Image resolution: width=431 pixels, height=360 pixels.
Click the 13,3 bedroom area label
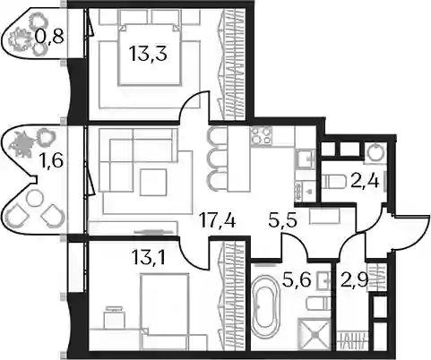click(x=148, y=54)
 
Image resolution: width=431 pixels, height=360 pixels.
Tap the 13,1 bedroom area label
click(x=148, y=257)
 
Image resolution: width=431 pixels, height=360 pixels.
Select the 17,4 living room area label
click(x=218, y=221)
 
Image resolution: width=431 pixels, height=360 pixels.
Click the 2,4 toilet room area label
click(x=365, y=182)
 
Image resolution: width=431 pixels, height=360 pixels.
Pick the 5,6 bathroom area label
click(x=297, y=280)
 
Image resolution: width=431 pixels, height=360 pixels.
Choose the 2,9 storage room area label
click(x=354, y=280)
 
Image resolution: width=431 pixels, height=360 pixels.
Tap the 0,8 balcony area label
click(x=49, y=37)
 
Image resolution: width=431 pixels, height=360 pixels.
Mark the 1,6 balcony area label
click(x=51, y=161)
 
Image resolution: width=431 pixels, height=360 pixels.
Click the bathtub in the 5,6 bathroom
click(x=265, y=307)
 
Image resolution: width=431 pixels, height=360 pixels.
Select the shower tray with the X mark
click(x=314, y=334)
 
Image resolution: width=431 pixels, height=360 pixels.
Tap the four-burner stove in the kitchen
click(x=262, y=135)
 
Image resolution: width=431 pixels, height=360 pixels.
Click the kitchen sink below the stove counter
click(x=305, y=159)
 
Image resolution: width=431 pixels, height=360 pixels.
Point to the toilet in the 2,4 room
click(x=334, y=182)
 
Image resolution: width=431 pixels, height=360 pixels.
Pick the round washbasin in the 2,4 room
click(x=375, y=153)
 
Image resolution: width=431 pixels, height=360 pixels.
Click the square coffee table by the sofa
click(x=153, y=182)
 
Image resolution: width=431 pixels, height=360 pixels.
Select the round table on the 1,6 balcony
click(x=35, y=198)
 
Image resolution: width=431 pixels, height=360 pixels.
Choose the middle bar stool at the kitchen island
click(x=215, y=159)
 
